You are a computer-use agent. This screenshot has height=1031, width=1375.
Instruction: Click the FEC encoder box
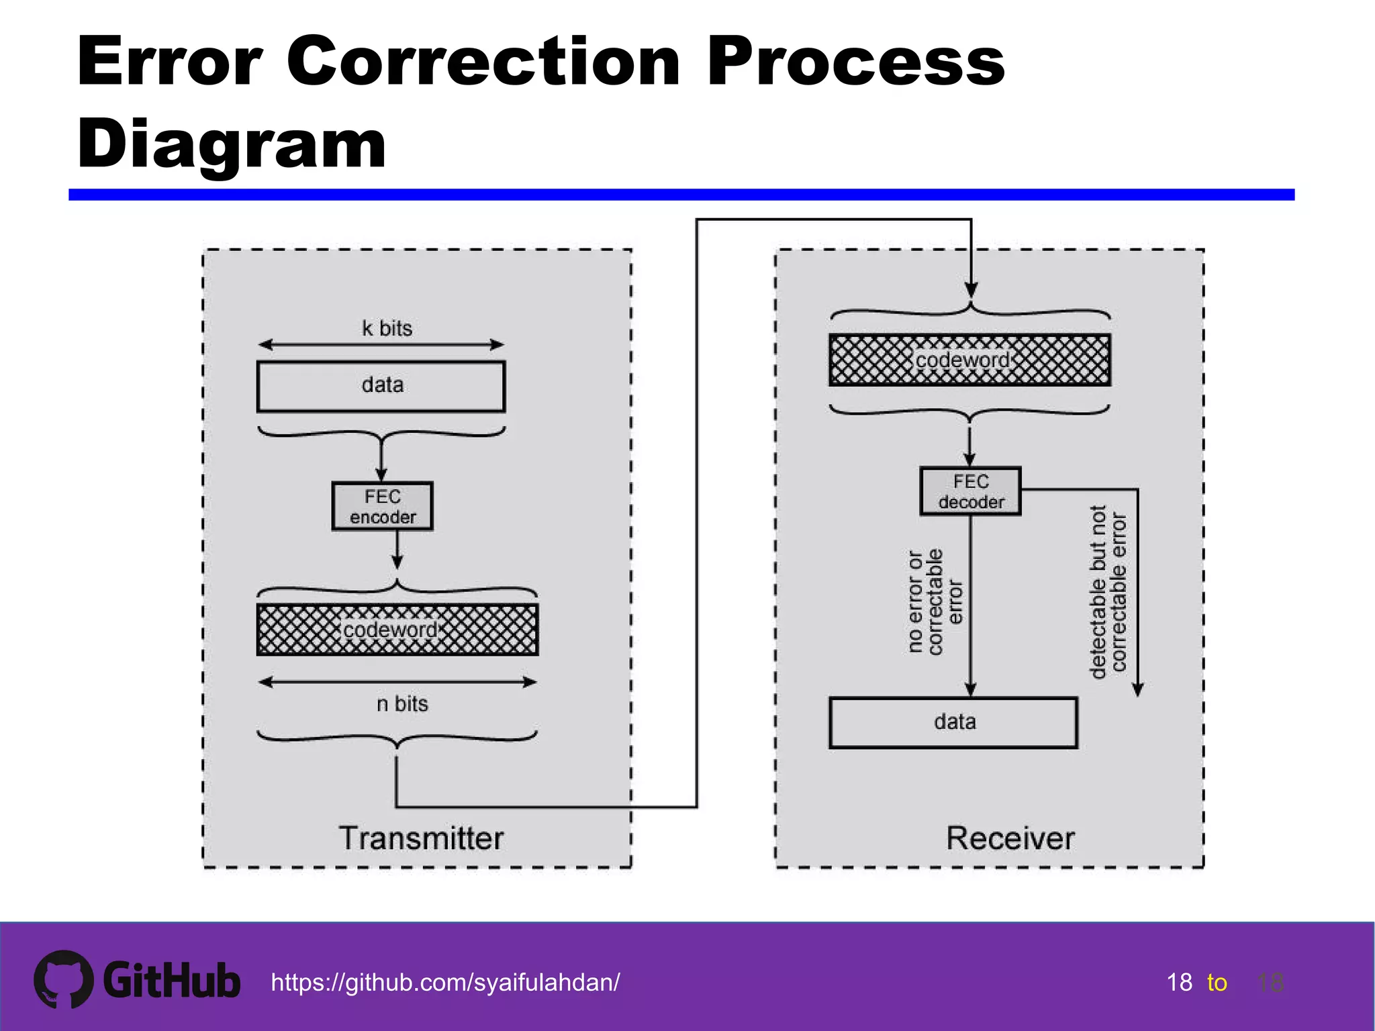[x=382, y=506]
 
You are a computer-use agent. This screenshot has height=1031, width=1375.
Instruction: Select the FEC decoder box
[x=970, y=491]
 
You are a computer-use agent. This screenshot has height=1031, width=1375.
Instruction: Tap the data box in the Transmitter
[x=381, y=386]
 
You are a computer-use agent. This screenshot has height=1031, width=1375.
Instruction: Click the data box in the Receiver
[x=953, y=722]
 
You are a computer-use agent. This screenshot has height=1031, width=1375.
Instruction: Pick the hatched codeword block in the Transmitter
[x=397, y=630]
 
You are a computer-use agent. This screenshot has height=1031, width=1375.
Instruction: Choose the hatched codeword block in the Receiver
[x=969, y=360]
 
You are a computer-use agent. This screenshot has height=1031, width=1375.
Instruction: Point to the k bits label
[x=387, y=328]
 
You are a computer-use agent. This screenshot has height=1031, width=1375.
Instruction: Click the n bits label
[x=401, y=703]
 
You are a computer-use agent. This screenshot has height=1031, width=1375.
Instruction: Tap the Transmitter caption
[x=421, y=838]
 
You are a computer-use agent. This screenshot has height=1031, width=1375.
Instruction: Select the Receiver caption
[x=1010, y=838]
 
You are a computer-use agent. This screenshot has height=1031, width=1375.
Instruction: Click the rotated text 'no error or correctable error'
[x=935, y=601]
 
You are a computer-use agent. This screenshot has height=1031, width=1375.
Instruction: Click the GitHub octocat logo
[x=63, y=979]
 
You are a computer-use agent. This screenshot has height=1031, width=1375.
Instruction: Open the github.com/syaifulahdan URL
[x=445, y=983]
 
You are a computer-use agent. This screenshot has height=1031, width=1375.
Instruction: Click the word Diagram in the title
[x=232, y=144]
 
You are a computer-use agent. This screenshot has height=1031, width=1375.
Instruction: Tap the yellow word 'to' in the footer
[x=1217, y=983]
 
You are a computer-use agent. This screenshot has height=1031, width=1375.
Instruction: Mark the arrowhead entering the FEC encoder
[x=381, y=475]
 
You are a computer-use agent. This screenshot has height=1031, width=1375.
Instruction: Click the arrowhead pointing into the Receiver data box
[x=970, y=689]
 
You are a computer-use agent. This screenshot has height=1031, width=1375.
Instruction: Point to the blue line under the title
[x=681, y=195]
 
